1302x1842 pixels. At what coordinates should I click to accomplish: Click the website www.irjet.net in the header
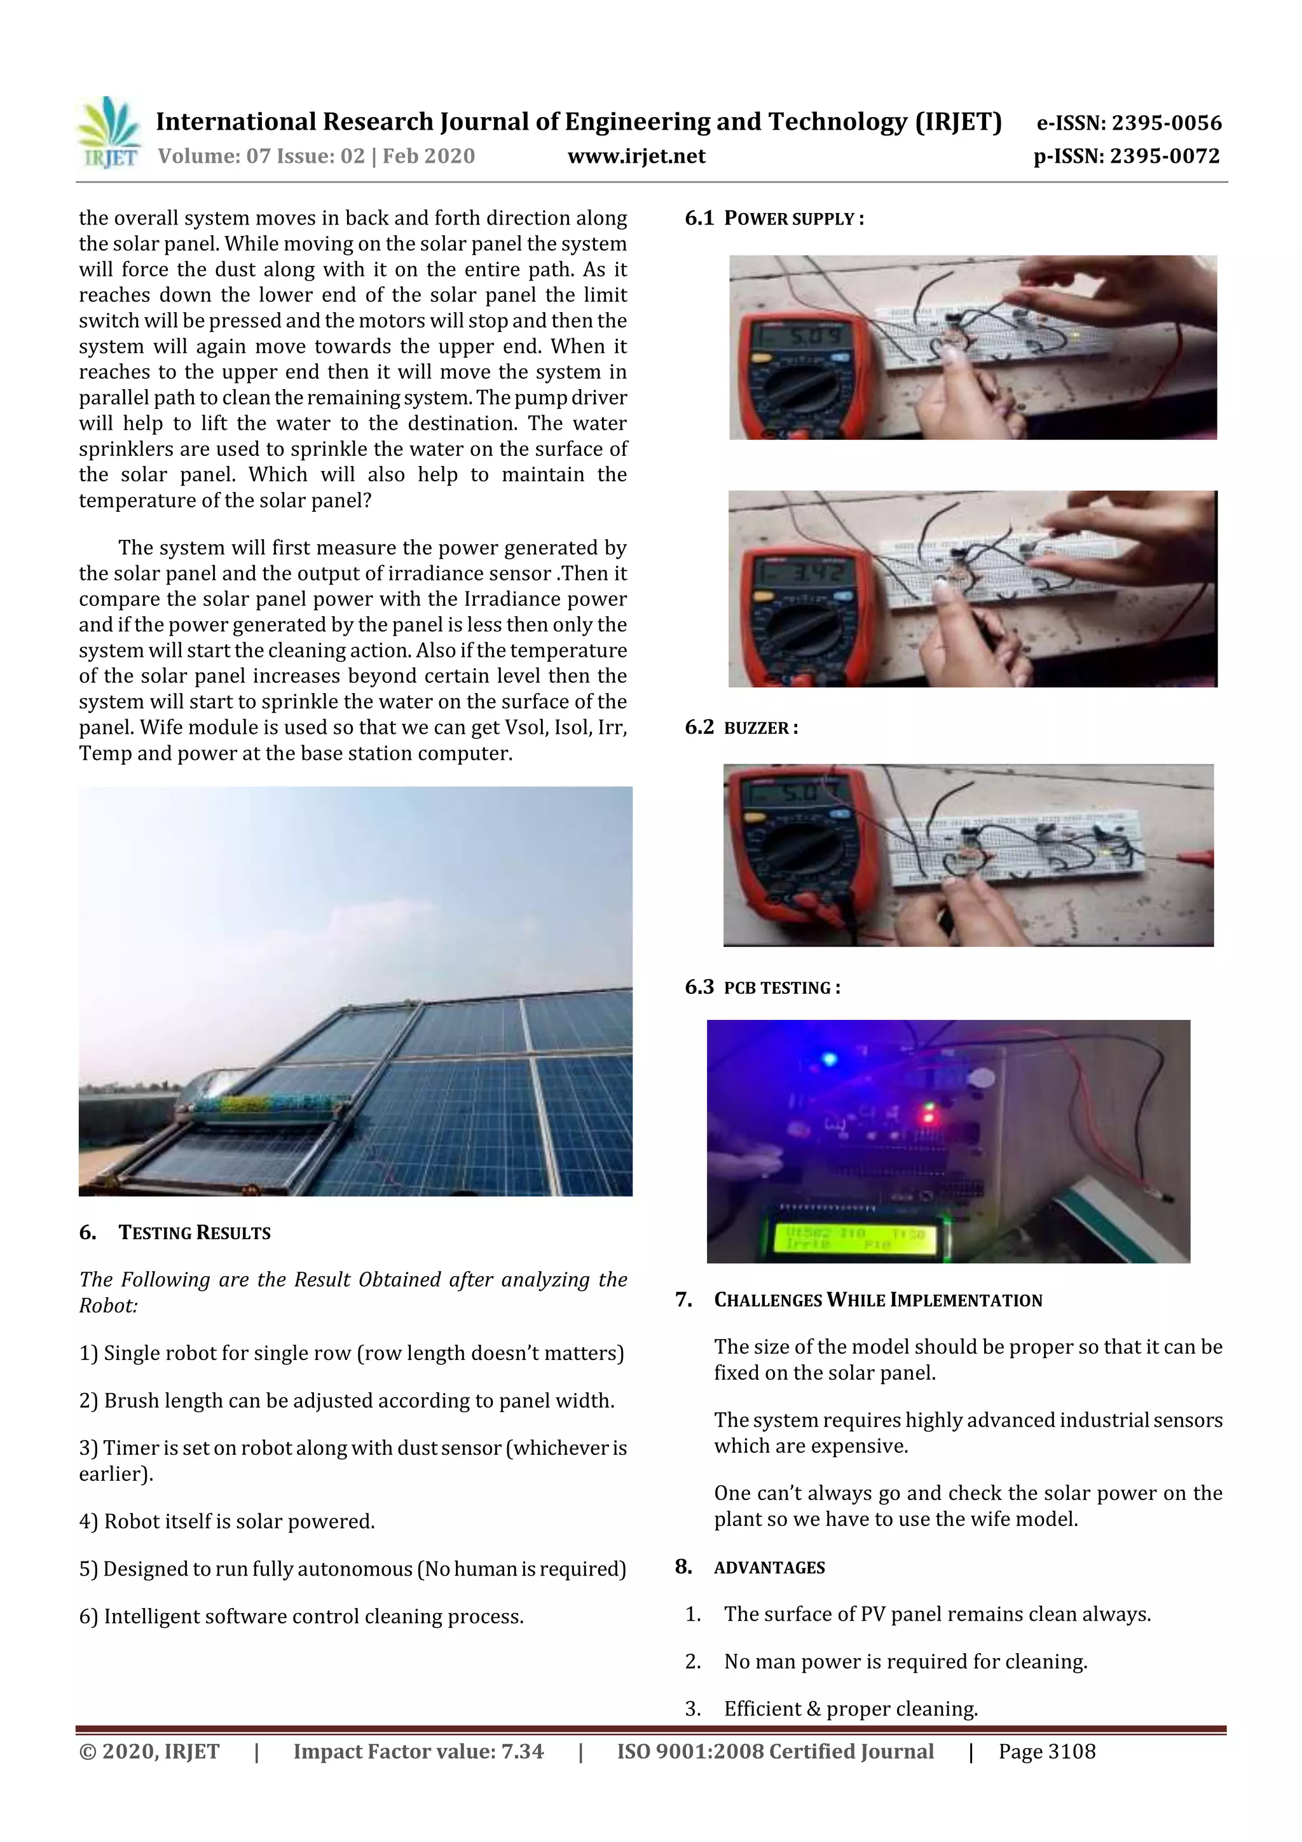[x=636, y=156]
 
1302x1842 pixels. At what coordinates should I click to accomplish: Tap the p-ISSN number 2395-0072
[x=1165, y=156]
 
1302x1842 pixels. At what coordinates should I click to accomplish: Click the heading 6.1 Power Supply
[x=774, y=218]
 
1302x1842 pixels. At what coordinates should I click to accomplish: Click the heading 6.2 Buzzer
[x=741, y=727]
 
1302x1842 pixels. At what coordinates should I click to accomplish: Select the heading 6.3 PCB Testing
[x=762, y=987]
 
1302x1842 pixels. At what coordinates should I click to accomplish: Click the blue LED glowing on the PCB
[x=830, y=1060]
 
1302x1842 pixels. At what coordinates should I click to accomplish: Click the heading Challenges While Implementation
[x=877, y=1300]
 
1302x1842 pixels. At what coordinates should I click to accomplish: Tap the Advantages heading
[x=769, y=1567]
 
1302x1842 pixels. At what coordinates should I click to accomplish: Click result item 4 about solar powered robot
[x=227, y=1521]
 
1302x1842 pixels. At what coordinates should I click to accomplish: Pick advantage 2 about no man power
[x=905, y=1661]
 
